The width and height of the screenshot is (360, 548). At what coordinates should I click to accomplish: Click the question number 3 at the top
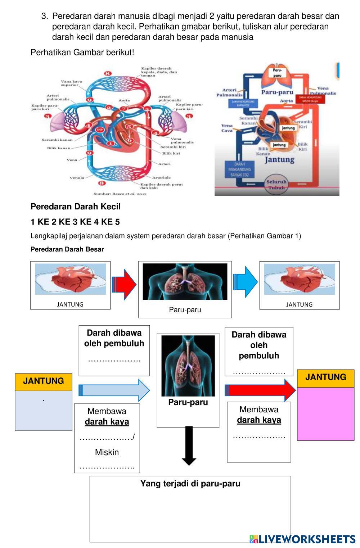point(44,16)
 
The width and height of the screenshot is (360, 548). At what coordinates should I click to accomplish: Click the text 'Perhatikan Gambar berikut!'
point(82,53)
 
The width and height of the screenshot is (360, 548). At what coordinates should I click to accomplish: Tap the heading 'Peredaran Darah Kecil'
point(76,207)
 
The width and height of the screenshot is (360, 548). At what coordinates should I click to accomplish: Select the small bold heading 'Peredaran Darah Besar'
point(67,249)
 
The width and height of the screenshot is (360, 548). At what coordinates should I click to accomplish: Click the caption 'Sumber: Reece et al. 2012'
point(120,194)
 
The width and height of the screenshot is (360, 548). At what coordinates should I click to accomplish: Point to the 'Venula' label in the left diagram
point(77,178)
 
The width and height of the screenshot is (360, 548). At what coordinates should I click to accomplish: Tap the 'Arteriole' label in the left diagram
point(161,177)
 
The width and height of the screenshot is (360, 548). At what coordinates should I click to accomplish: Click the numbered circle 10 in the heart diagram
point(100,130)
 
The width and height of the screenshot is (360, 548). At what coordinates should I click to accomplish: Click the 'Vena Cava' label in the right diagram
point(227,128)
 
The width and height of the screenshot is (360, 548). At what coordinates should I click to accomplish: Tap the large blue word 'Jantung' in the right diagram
point(280,159)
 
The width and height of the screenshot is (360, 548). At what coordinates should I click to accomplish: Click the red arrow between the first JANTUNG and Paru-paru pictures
point(124,284)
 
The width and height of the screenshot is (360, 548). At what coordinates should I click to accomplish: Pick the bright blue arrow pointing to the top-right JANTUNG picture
point(246,282)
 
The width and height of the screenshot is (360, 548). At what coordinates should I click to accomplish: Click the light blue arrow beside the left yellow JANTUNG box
point(114,390)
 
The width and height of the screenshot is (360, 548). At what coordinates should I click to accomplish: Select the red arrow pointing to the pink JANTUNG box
point(260,390)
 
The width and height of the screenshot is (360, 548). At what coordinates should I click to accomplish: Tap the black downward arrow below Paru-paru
point(189,446)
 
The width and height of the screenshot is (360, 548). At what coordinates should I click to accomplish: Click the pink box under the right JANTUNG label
point(325,414)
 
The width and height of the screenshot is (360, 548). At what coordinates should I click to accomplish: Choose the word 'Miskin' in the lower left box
point(107,452)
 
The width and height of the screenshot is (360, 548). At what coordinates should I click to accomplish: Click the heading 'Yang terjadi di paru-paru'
point(190,484)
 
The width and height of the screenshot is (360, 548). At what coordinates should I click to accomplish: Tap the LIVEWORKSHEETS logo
point(302,539)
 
